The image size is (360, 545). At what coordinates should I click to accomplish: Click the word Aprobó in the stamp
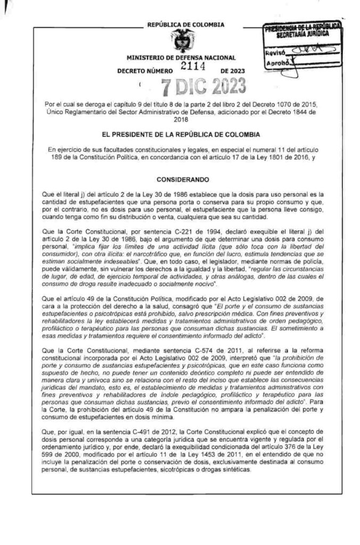(x=276, y=64)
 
